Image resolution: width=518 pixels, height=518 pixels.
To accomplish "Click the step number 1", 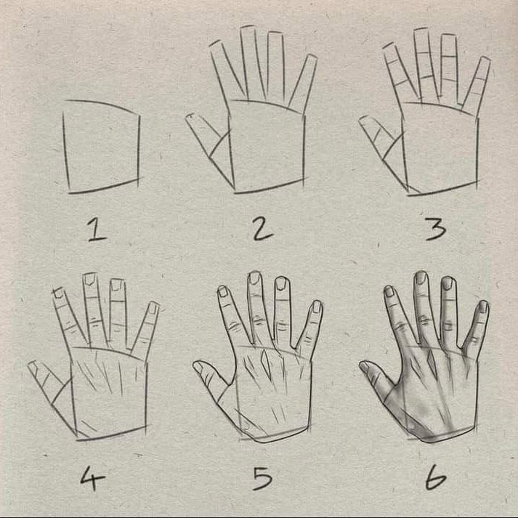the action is tap(97, 230).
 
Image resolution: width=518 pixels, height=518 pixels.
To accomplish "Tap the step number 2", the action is tap(263, 230).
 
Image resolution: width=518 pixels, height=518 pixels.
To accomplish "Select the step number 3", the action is tap(436, 230).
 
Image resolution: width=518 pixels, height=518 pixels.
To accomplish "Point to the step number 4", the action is tap(92, 478).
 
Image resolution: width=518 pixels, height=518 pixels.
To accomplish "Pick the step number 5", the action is tap(263, 478).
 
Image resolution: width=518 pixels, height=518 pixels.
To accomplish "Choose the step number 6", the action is tap(436, 477).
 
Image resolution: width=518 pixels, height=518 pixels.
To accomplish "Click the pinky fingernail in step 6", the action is tap(484, 307).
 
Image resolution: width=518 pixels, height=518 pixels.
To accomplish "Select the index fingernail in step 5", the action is tap(223, 291).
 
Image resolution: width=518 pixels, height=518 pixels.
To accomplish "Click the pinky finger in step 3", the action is tap(476, 85).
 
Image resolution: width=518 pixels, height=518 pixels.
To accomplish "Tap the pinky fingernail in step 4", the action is tap(153, 307).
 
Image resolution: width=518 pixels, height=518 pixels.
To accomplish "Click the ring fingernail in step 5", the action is tap(281, 283).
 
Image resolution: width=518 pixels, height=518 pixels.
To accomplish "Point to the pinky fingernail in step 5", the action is tap(317, 307).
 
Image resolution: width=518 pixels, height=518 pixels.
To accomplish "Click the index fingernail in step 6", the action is tap(389, 291).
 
